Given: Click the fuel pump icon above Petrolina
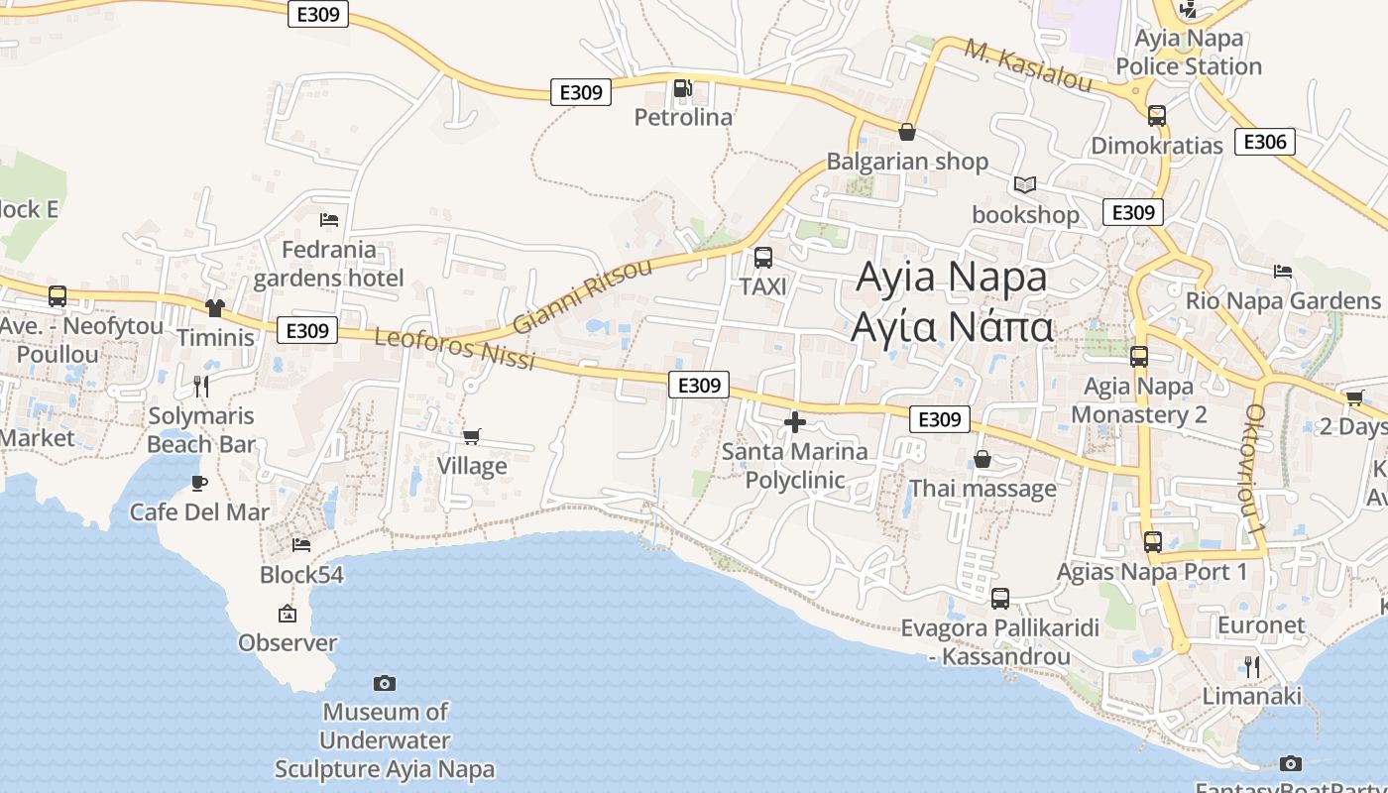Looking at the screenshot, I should coord(682,89).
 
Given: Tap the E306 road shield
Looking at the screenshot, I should coord(1265,142).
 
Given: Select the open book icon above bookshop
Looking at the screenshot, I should coord(1024,185).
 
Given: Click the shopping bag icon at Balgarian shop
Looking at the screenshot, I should coord(906,132).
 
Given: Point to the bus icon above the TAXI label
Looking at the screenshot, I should coord(762,258).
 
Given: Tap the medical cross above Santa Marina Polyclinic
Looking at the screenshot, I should coord(794,423).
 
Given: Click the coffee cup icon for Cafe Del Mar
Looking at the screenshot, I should coord(199,483).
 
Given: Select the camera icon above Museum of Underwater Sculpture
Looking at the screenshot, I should coord(385,683).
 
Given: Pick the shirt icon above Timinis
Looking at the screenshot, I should coord(214,308).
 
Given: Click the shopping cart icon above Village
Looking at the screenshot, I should coord(472,436).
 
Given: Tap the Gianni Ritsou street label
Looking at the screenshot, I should coord(583,296).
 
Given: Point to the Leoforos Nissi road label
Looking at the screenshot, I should coord(455,349).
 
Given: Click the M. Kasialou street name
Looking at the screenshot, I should coord(1028,65).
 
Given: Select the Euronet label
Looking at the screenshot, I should coord(1261,625).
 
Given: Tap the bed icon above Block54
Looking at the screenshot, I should coord(301,544).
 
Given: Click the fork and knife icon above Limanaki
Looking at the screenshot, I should coord(1252,666).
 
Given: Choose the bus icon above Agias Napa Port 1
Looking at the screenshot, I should coord(1152,542).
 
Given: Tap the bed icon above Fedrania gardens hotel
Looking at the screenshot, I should coord(329,219).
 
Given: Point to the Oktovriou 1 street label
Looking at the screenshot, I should coord(1256,471).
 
